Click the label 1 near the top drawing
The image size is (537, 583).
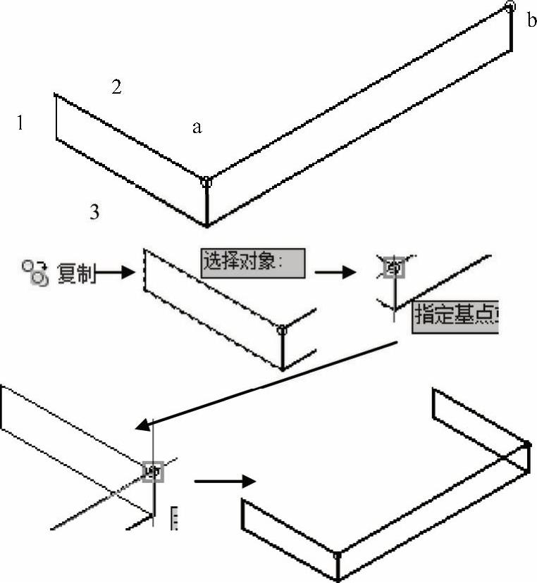coord(21,124)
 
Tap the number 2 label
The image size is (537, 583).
coord(116,87)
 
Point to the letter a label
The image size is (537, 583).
coord(197,127)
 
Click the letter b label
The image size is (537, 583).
coord(531,20)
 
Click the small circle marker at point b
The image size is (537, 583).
coord(510,6)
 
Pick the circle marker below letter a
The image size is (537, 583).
coord(206,182)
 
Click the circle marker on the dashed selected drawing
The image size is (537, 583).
coord(282,329)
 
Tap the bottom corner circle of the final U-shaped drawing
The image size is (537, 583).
coord(338,553)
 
